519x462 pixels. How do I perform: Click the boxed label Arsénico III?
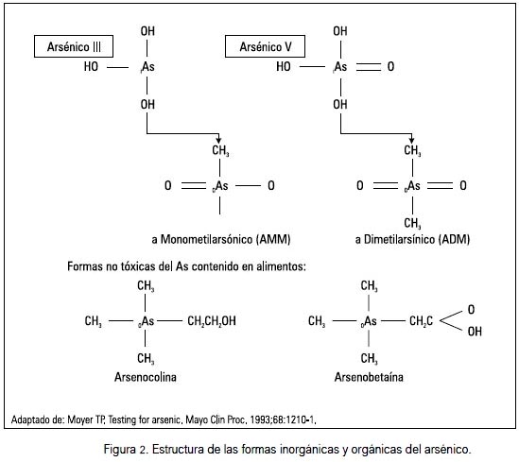(74, 46)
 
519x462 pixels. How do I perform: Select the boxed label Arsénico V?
(265, 46)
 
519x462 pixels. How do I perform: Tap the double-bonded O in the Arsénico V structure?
(391, 67)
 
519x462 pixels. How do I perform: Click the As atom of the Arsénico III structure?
(147, 67)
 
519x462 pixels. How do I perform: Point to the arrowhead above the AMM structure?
(218, 140)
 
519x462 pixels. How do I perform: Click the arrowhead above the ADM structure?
(411, 140)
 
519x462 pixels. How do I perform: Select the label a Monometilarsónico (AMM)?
(221, 239)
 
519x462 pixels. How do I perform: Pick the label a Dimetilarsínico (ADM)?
(412, 239)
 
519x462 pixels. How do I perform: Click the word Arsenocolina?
(146, 377)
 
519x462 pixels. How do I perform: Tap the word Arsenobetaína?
(369, 377)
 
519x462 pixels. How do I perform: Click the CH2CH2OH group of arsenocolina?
(212, 321)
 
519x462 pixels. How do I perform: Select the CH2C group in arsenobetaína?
(421, 321)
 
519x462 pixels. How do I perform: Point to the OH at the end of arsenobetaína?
(475, 332)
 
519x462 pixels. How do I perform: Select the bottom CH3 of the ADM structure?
(412, 224)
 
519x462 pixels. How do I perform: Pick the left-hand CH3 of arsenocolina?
(94, 321)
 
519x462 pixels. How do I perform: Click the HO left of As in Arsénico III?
(91, 67)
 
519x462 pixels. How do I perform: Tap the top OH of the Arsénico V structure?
(340, 31)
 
